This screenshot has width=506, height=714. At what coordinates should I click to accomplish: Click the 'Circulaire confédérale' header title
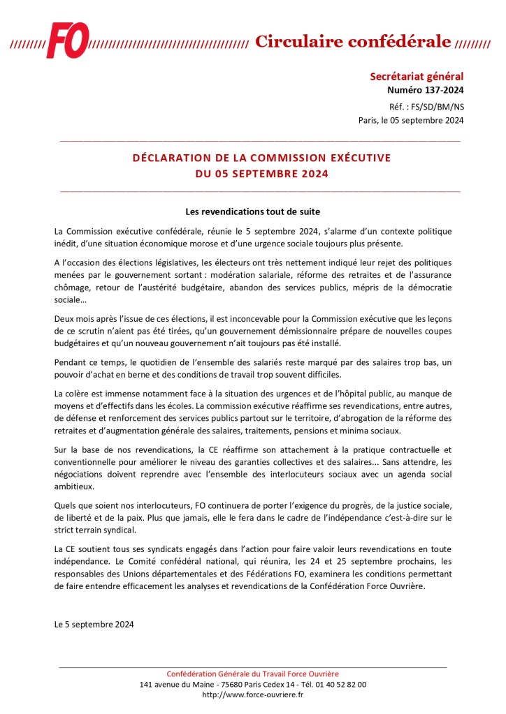pos(353,41)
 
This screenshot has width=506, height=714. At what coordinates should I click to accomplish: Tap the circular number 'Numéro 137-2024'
pos(426,90)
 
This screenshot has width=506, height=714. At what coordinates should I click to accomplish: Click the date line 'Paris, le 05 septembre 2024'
pos(411,120)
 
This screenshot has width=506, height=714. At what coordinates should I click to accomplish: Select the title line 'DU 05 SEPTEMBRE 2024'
pos(261,174)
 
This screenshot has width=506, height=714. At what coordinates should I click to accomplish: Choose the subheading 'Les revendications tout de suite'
pos(252,210)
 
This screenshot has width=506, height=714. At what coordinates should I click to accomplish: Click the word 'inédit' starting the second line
pos(66,243)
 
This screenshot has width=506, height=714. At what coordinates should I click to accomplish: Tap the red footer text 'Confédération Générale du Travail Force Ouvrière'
pos(252,674)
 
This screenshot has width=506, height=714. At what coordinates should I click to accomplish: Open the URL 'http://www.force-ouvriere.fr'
pos(252,694)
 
